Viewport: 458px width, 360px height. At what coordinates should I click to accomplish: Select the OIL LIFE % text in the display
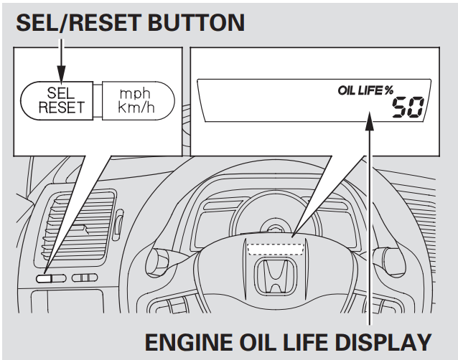pos(365,90)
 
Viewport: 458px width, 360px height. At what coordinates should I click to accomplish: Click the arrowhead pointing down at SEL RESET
pos(61,75)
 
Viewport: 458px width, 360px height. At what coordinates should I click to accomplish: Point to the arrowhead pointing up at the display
pos(370,123)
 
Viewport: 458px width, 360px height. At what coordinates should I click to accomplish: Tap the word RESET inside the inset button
pos(61,108)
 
